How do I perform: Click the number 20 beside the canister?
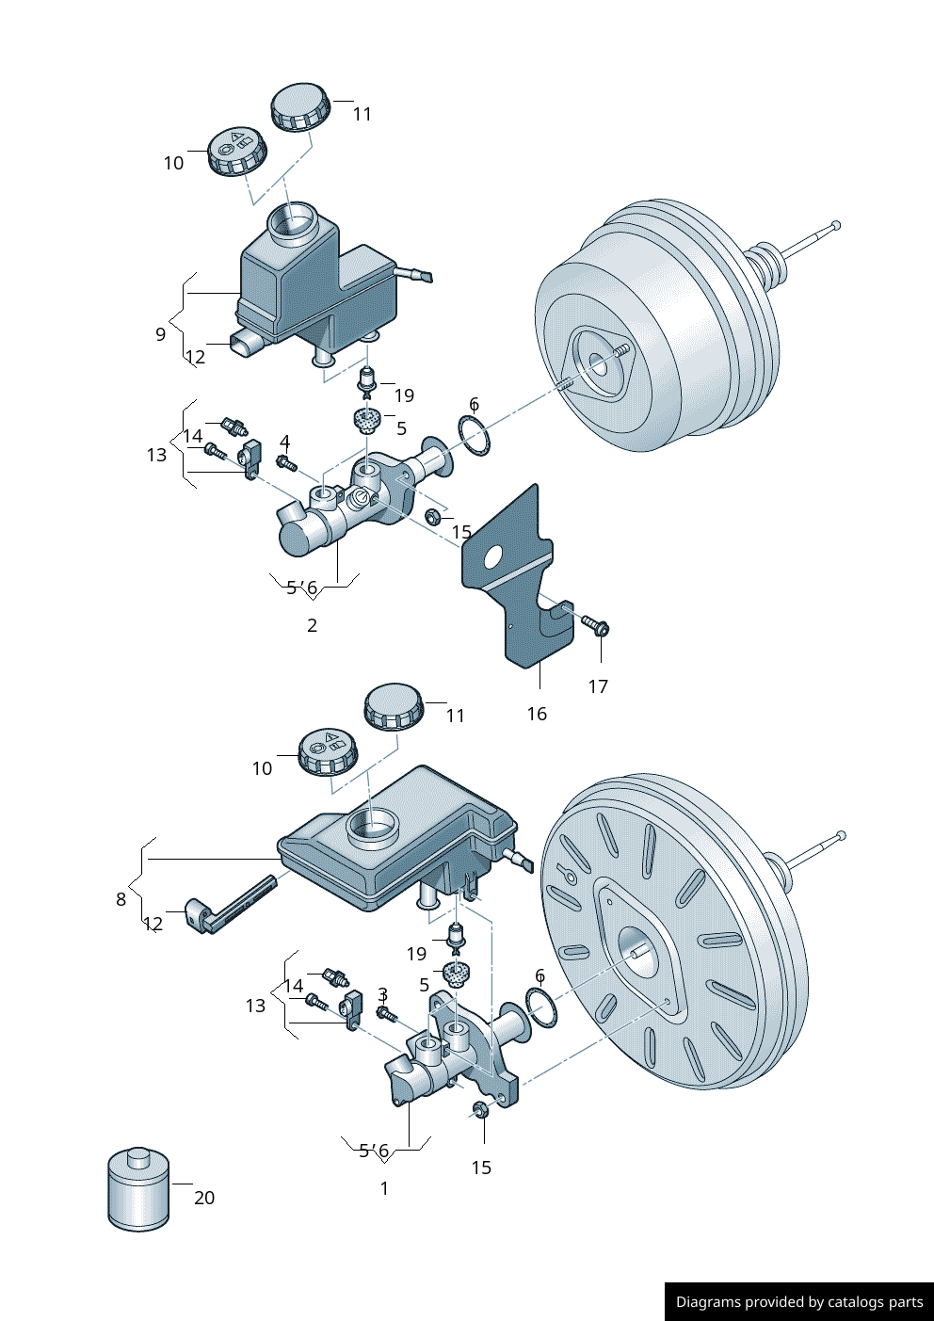coord(204,1198)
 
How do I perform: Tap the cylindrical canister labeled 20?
coord(138,1190)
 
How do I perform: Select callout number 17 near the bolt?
coord(598,686)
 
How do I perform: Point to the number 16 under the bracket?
coord(537,714)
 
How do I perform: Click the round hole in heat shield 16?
coord(492,557)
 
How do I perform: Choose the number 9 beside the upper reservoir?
coord(161,333)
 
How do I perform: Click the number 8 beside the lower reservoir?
coord(121,899)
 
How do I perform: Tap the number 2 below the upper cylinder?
coord(313,625)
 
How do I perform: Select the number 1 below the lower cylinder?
coord(384,1188)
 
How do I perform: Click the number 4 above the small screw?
coord(285,442)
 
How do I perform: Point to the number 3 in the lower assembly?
coord(382,994)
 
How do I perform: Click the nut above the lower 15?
coord(480,1109)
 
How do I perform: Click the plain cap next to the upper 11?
coord(300,106)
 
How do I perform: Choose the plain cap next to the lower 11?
coord(394,707)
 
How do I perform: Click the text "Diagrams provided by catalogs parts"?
coord(799,1302)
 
